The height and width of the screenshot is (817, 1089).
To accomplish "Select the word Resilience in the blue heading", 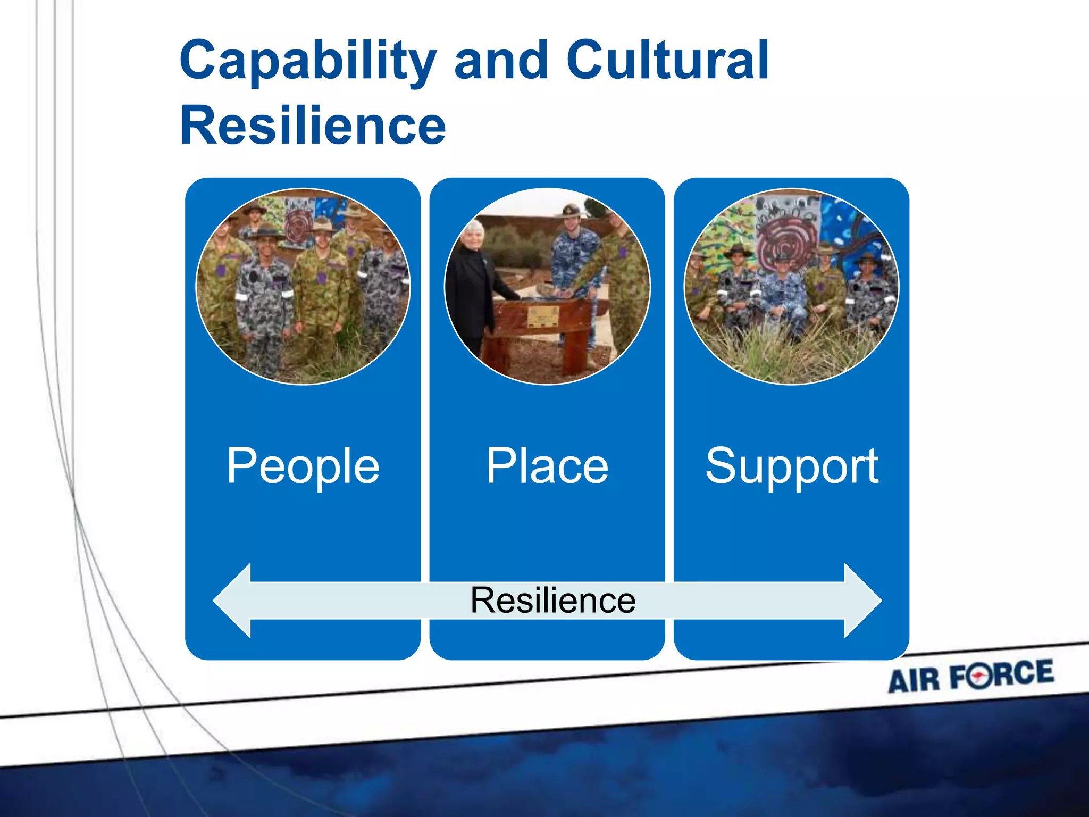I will tap(313, 125).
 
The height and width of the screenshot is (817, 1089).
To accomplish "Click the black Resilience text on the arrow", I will tap(552, 600).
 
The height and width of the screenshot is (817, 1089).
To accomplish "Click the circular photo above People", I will tap(303, 286).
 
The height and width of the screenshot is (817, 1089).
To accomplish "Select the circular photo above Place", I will tap(547, 286).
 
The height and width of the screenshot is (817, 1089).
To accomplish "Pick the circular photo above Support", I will tap(791, 286).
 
